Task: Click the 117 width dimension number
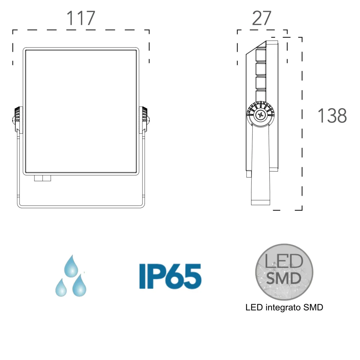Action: [x=81, y=18]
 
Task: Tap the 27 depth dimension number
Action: [x=262, y=18]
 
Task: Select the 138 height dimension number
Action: [x=332, y=115]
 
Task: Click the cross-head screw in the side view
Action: [x=260, y=115]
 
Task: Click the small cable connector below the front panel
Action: [x=43, y=178]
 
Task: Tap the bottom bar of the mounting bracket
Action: [x=81, y=207]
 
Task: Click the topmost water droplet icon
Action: [x=71, y=266]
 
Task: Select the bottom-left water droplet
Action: [x=61, y=287]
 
